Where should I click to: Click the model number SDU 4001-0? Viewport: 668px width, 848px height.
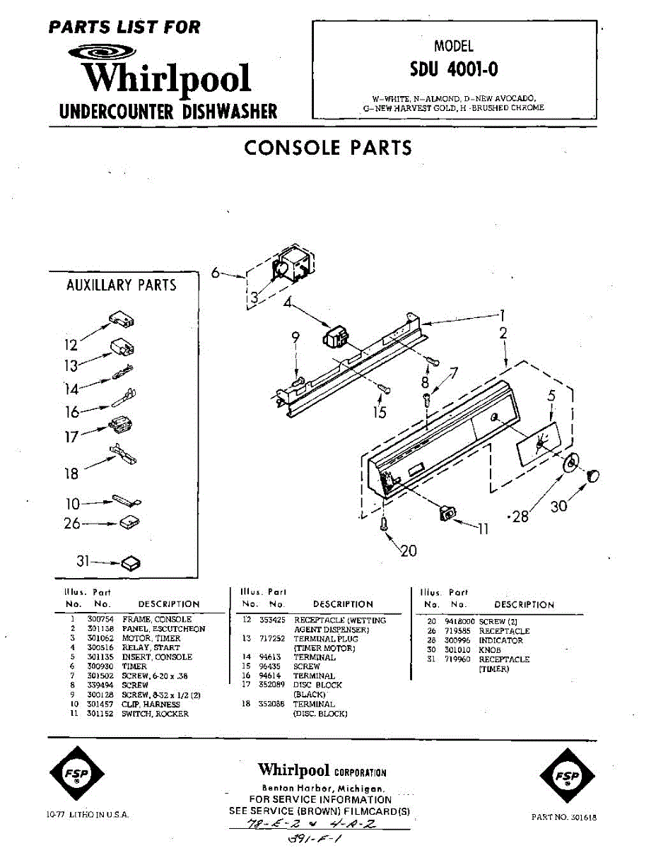click(453, 70)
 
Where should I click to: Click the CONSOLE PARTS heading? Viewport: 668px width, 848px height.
click(327, 148)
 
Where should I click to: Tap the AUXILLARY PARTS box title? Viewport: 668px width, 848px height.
click(121, 285)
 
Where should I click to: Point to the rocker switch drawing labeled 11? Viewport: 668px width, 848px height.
click(446, 513)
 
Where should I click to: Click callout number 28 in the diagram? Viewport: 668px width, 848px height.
click(521, 517)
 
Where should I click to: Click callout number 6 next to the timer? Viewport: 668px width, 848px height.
click(216, 272)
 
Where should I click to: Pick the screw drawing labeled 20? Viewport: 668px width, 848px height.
click(384, 524)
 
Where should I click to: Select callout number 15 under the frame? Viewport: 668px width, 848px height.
click(380, 412)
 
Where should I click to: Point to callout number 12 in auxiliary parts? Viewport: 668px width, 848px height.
click(71, 346)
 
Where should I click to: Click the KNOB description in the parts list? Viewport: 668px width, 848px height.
click(490, 649)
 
